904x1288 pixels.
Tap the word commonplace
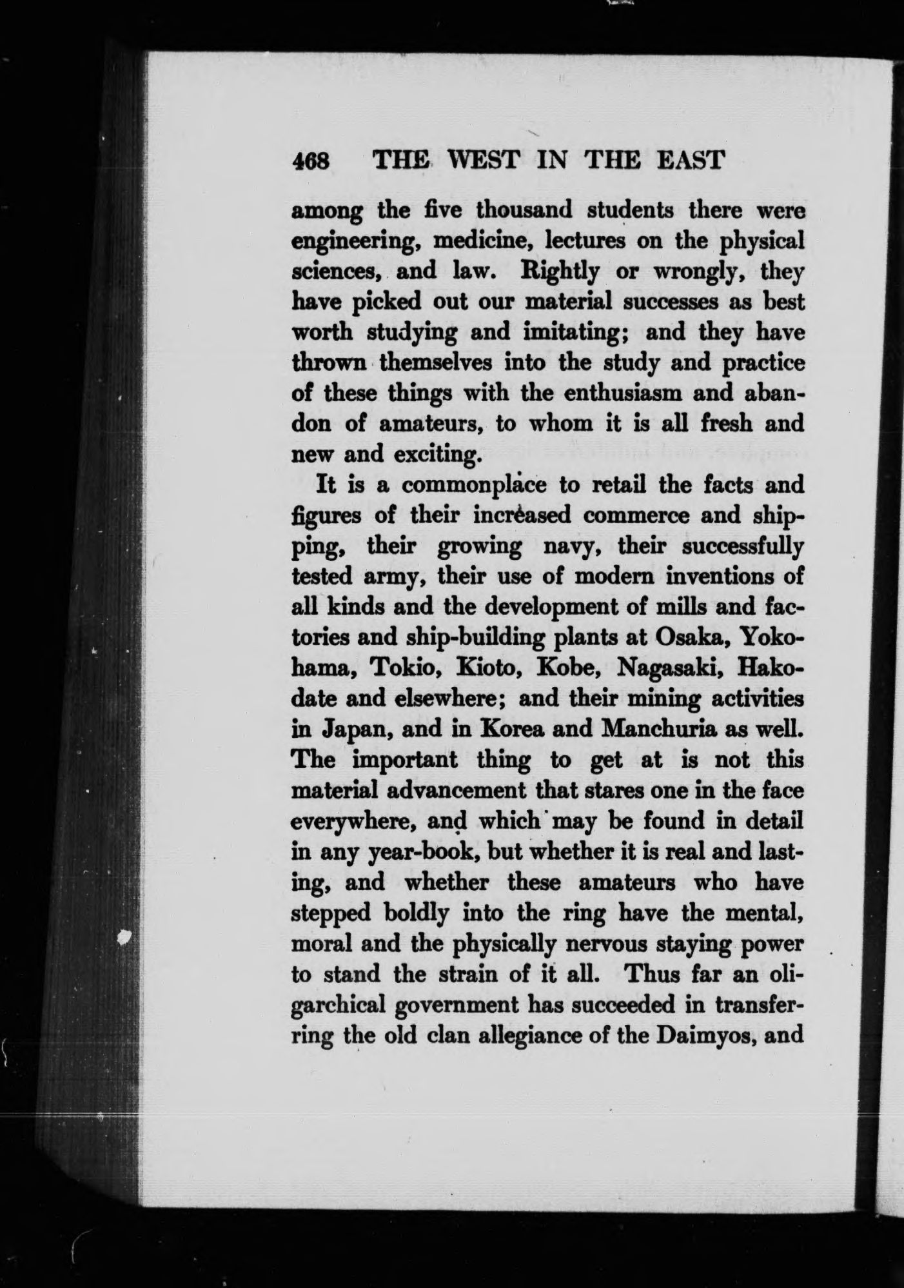pos(482,486)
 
